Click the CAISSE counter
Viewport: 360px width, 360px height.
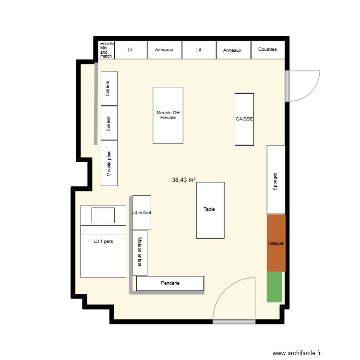(x=244, y=119)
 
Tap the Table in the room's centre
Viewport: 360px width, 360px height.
(x=210, y=210)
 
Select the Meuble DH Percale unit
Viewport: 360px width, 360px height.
(x=168, y=115)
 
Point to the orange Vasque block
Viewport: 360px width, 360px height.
(x=276, y=243)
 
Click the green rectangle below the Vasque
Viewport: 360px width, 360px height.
(x=274, y=287)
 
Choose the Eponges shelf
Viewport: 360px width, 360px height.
(x=276, y=179)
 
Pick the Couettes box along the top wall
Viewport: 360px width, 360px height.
(x=267, y=49)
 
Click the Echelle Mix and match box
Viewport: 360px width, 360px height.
(x=106, y=50)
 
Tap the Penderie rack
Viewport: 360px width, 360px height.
(x=170, y=283)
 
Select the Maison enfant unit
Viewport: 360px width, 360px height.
(x=140, y=252)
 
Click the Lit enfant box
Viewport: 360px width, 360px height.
(x=142, y=212)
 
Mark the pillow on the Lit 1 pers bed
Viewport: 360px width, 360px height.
(x=103, y=215)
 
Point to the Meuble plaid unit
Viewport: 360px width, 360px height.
(x=109, y=163)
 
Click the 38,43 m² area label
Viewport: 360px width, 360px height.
(x=184, y=180)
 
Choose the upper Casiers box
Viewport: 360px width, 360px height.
(x=109, y=88)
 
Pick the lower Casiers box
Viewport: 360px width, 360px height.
(x=109, y=123)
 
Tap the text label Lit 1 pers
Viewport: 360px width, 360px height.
(x=103, y=241)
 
